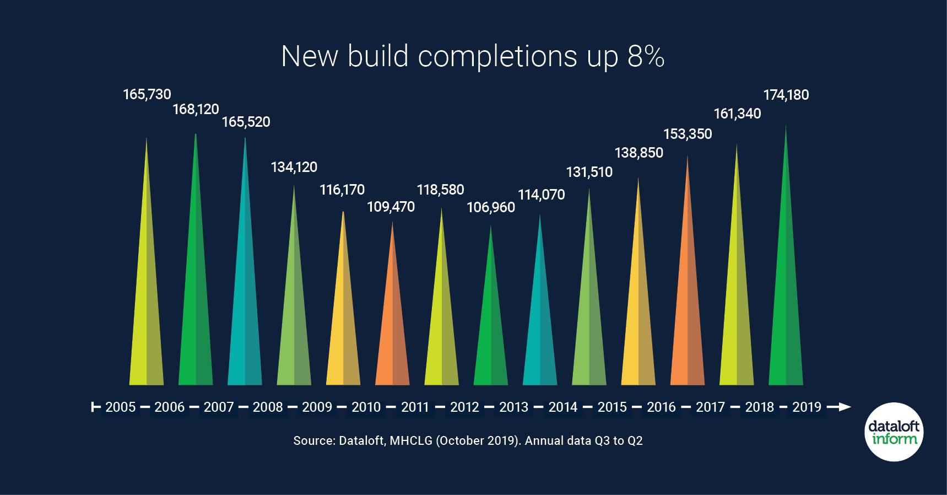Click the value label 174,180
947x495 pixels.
click(x=786, y=95)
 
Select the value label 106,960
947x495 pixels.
click(x=491, y=207)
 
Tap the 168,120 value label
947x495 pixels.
click(x=196, y=109)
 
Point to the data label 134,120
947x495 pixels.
click(x=294, y=167)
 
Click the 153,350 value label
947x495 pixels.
click(x=688, y=134)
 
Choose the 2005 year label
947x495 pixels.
click(x=120, y=407)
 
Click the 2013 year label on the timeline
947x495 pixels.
click(x=513, y=407)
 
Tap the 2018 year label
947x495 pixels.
click(x=759, y=407)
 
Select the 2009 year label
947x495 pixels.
click(x=317, y=407)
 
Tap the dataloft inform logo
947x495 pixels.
click(x=894, y=432)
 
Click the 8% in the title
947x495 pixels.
click(x=646, y=56)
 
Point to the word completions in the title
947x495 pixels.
click(x=497, y=57)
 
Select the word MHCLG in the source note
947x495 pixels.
click(x=411, y=440)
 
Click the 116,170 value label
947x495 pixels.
click(x=342, y=190)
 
